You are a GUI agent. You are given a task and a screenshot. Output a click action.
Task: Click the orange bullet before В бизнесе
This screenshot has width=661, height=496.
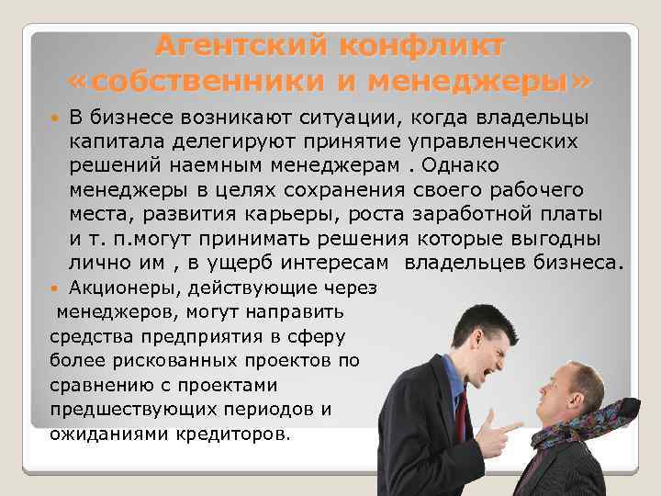point(58,118)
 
